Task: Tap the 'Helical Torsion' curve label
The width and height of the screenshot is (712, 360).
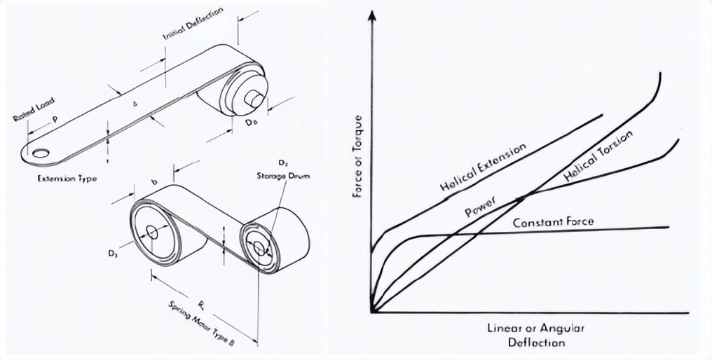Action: [x=598, y=158]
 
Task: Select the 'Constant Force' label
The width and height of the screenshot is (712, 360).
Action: [x=554, y=223]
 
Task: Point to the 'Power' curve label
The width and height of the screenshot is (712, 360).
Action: [x=480, y=209]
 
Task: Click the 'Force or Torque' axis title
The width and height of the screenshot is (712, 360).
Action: [x=358, y=155]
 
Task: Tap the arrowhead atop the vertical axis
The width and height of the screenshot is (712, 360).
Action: [x=372, y=16]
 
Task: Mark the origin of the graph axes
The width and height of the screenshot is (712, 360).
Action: [x=372, y=311]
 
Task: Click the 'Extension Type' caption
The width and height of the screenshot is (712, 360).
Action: [x=67, y=179]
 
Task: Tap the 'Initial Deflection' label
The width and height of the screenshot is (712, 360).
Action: [x=193, y=25]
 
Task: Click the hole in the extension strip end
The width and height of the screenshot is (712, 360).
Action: [x=40, y=152]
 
